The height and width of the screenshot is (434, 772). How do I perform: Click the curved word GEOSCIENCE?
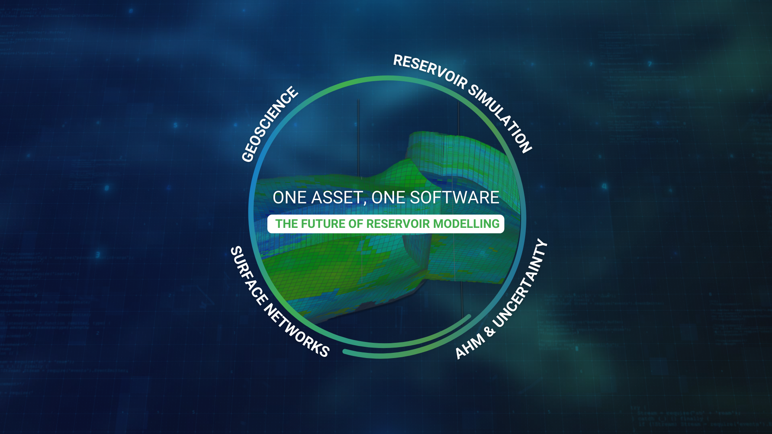pyautogui.click(x=270, y=124)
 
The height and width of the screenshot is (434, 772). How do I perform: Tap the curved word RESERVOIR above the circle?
pyautogui.click(x=430, y=71)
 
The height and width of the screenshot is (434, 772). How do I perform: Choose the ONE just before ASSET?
pyautogui.click(x=289, y=198)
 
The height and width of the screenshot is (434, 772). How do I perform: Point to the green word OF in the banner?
pyautogui.click(x=356, y=224)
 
